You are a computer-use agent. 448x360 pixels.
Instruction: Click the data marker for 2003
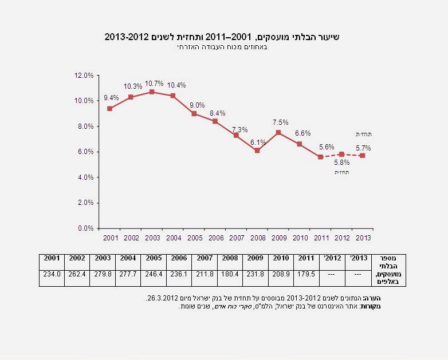[x=152, y=92]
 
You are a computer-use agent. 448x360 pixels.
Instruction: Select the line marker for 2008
[x=257, y=151]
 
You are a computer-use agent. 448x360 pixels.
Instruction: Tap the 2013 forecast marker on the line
[x=363, y=156]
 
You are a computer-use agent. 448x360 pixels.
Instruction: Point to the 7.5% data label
[x=280, y=122]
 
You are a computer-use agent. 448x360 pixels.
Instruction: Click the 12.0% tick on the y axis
[x=84, y=75]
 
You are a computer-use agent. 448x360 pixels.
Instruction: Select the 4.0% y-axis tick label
[x=84, y=177]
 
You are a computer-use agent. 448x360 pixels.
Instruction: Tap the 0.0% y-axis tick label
[x=84, y=228]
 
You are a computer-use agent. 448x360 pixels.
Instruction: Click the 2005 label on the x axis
[x=194, y=238]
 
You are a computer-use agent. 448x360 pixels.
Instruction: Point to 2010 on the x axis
[x=300, y=238]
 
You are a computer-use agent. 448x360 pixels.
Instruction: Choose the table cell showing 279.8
[x=103, y=275]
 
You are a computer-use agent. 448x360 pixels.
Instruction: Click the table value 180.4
[x=230, y=275]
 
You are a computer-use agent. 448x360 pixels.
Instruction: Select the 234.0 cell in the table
[x=52, y=275]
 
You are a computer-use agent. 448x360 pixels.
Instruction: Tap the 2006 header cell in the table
[x=179, y=258]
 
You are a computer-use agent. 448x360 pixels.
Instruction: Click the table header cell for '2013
[x=358, y=258]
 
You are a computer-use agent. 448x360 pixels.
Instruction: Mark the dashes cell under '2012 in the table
[x=332, y=275]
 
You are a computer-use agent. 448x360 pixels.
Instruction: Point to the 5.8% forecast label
[x=342, y=163]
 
